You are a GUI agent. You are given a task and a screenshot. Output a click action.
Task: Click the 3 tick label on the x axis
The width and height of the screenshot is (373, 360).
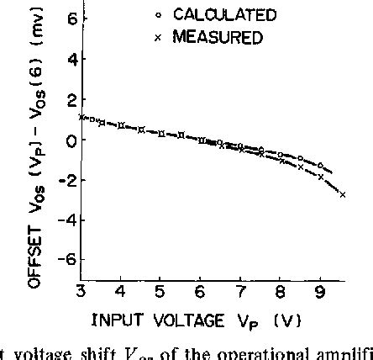(x=81, y=291)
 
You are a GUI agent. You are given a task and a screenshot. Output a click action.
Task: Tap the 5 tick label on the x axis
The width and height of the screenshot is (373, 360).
(x=160, y=291)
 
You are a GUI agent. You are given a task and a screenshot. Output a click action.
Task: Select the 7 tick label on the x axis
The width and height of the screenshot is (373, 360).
(x=240, y=291)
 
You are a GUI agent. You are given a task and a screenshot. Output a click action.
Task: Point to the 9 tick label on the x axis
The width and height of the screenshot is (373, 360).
(x=319, y=291)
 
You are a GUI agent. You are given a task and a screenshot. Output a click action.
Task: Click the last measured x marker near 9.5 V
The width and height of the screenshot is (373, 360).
(x=342, y=195)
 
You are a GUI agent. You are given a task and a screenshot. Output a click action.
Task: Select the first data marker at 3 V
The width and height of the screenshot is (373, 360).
(x=81, y=117)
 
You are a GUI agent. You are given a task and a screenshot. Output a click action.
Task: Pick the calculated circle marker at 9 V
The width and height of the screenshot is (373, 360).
(x=320, y=165)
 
